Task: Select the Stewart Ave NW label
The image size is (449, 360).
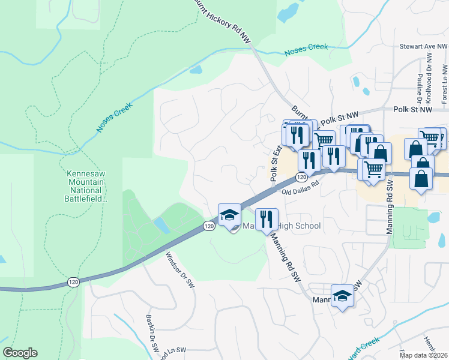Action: pyautogui.click(x=424, y=46)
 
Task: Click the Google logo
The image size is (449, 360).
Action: pyautogui.click(x=20, y=353)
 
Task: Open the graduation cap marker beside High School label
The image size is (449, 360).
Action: pyautogui.click(x=229, y=215)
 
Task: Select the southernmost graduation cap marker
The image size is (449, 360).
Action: pyautogui.click(x=343, y=296)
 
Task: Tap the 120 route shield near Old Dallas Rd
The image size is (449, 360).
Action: pyautogui.click(x=301, y=178)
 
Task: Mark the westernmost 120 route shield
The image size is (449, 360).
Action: pyautogui.click(x=73, y=281)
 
